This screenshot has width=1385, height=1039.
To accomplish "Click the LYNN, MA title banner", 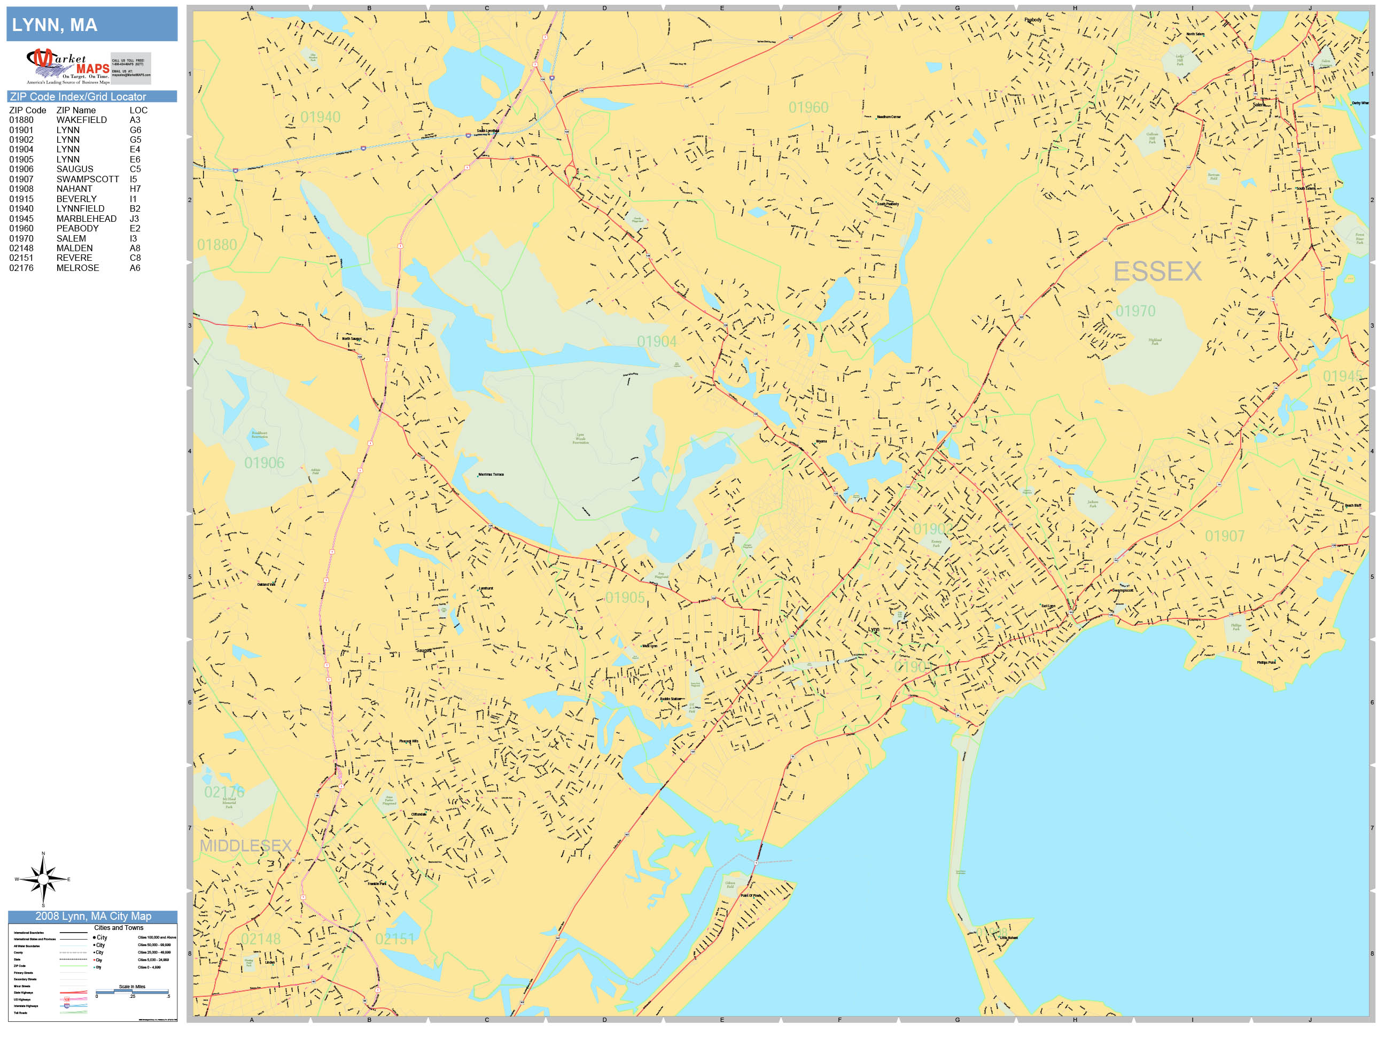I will click(91, 25).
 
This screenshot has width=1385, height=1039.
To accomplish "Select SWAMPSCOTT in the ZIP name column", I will click(87, 179).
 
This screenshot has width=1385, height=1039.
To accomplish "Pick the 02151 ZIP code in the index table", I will click(21, 258).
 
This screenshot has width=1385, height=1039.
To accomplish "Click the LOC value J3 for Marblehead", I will click(135, 219).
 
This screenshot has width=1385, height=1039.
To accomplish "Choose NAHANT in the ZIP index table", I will click(74, 189).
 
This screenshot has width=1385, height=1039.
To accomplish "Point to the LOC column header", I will click(138, 110).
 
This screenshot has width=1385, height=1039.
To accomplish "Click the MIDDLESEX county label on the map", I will click(245, 846).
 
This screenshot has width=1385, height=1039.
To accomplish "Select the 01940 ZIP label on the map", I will click(320, 117).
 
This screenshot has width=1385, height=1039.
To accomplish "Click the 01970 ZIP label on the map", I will click(1135, 311).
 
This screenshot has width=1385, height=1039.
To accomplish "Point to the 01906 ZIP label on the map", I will click(263, 463).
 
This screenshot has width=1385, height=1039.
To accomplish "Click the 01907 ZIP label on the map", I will click(1224, 536).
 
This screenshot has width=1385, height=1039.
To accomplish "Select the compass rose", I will click(43, 879).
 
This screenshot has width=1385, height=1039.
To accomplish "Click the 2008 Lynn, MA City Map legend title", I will click(92, 916).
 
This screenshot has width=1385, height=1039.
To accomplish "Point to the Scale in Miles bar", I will click(132, 991).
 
